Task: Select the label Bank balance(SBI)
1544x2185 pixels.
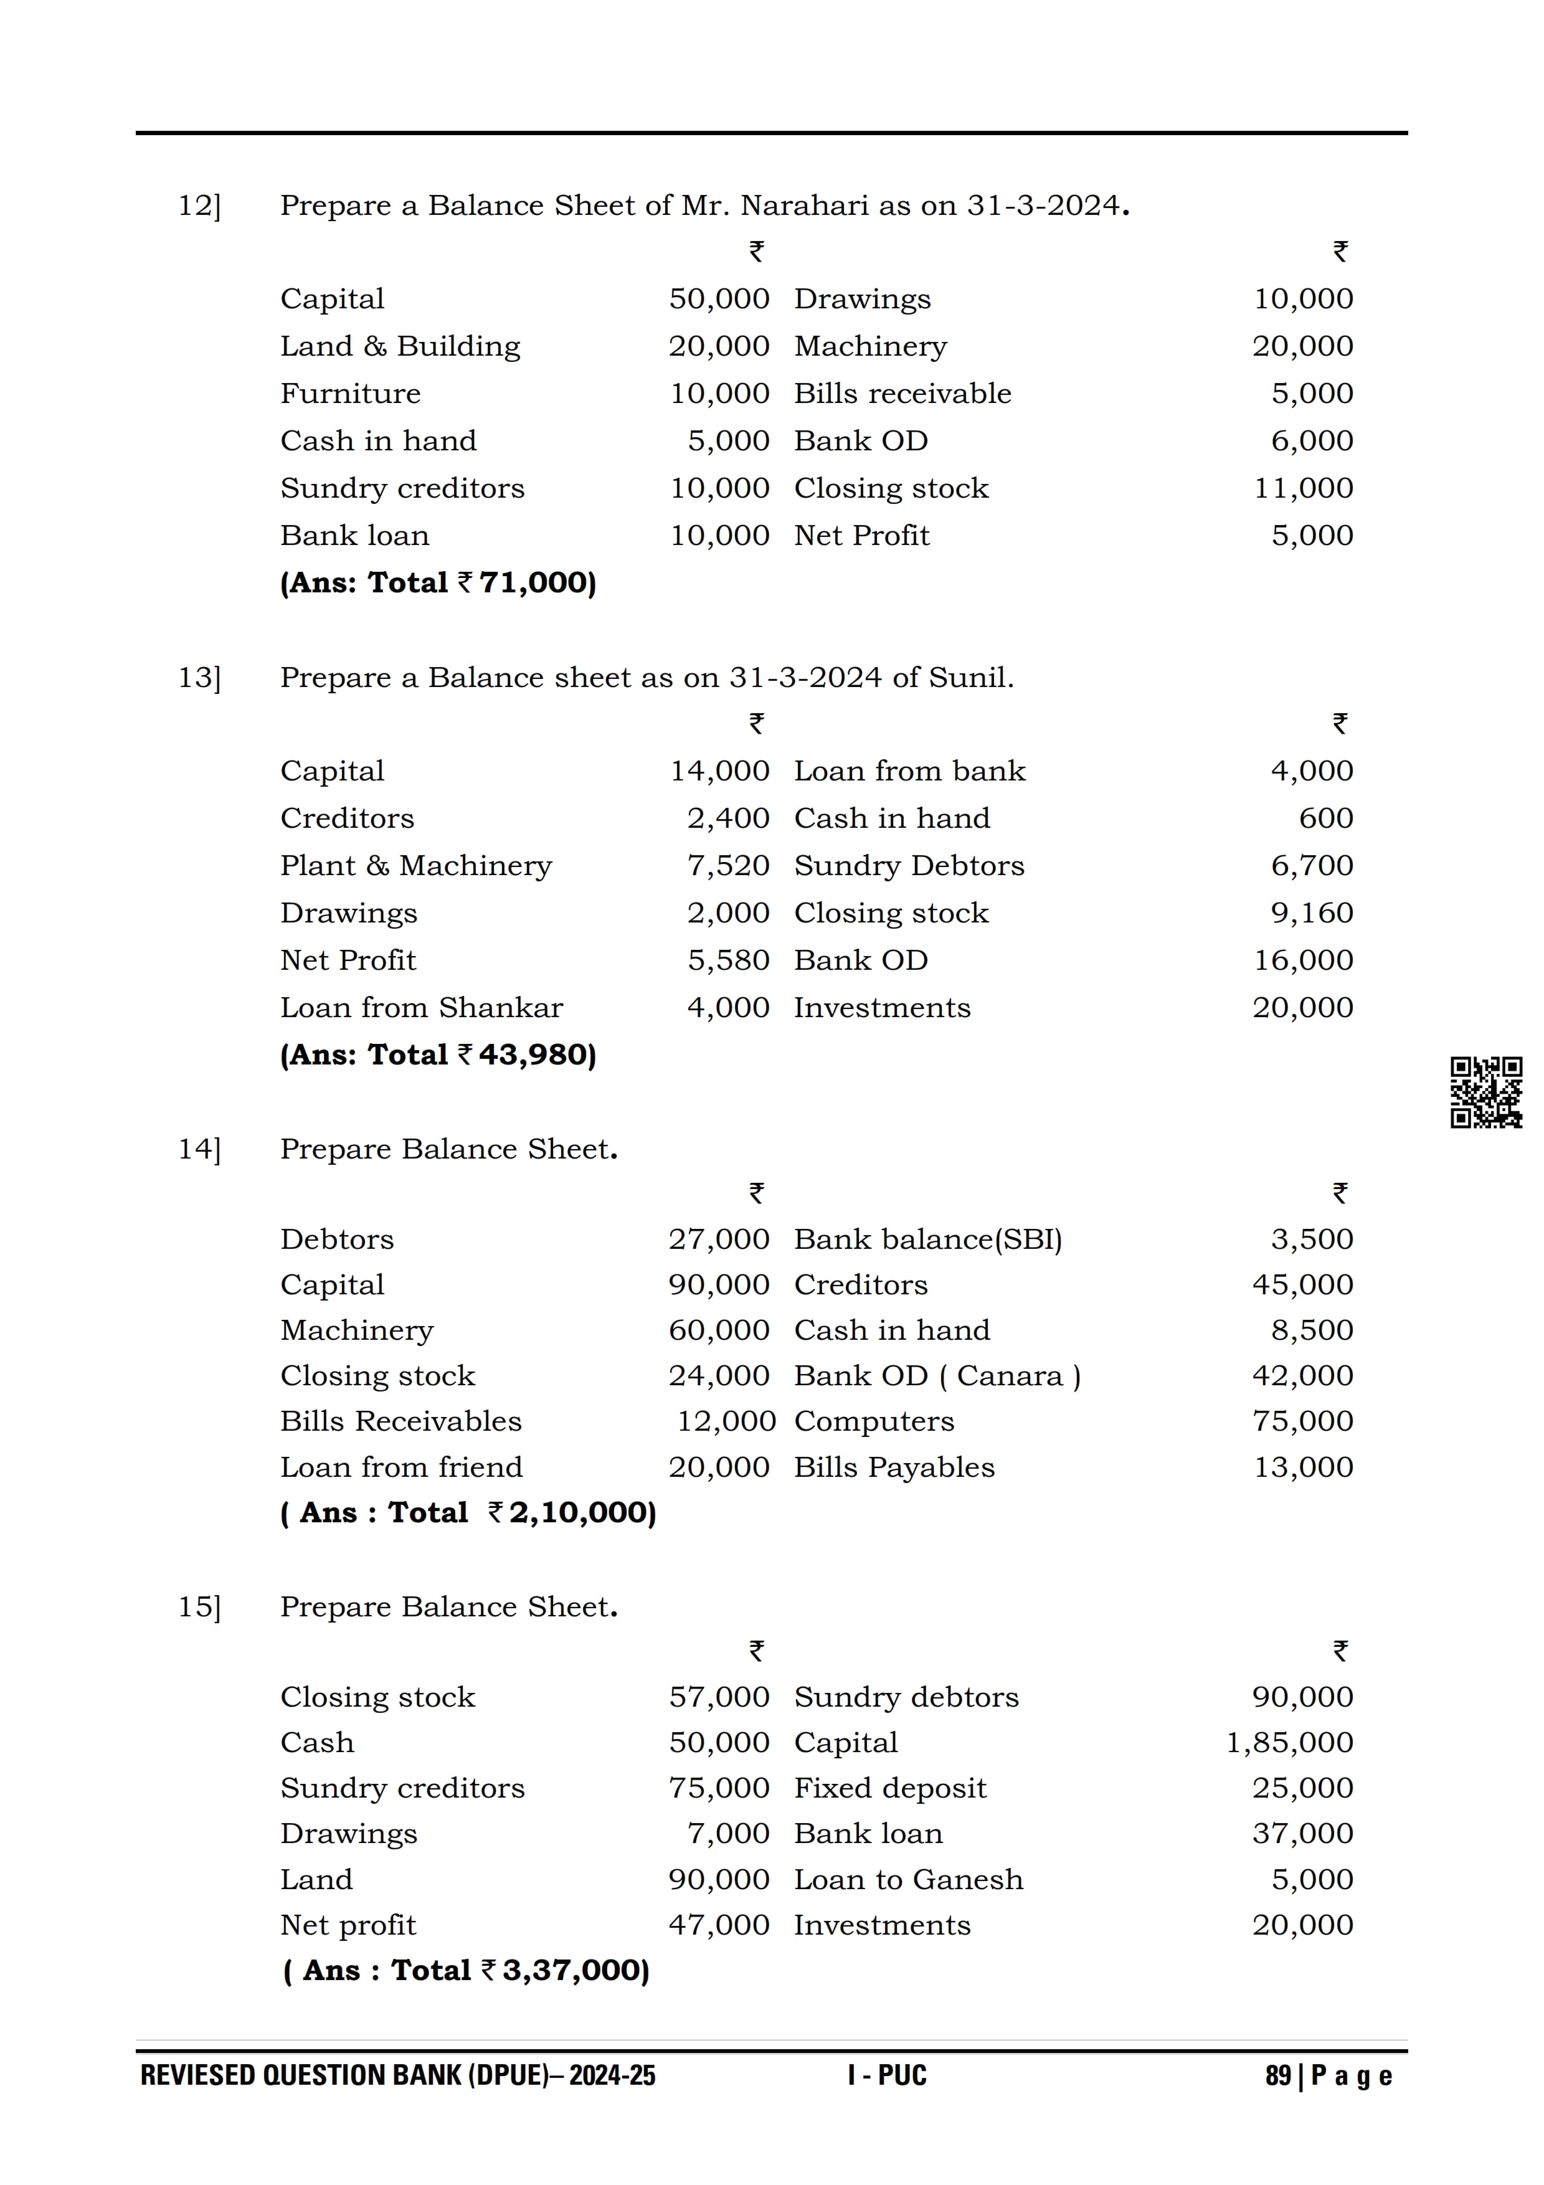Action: (x=927, y=1239)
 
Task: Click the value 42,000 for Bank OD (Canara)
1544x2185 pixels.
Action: (x=1302, y=1375)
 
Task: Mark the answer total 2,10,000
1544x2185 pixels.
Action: (x=581, y=1512)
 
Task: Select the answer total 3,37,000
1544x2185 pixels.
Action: (x=575, y=1970)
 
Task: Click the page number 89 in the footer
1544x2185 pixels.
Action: (x=1277, y=2075)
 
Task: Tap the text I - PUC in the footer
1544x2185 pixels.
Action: (x=887, y=2075)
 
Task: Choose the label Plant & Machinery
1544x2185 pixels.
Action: (x=415, y=866)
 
